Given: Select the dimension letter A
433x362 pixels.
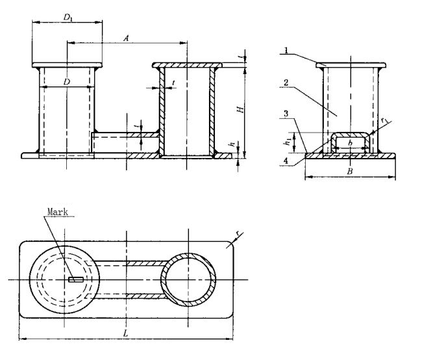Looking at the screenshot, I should coord(127,38).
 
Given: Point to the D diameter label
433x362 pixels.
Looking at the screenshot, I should coord(67,81).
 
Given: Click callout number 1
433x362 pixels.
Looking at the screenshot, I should coord(285,50).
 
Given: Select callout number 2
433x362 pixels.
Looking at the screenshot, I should coord(285,83).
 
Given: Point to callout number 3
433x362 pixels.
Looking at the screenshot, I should coord(285,114).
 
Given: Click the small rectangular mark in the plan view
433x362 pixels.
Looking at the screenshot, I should coord(74,280).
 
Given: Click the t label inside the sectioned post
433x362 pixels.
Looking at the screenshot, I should coord(174,83).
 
